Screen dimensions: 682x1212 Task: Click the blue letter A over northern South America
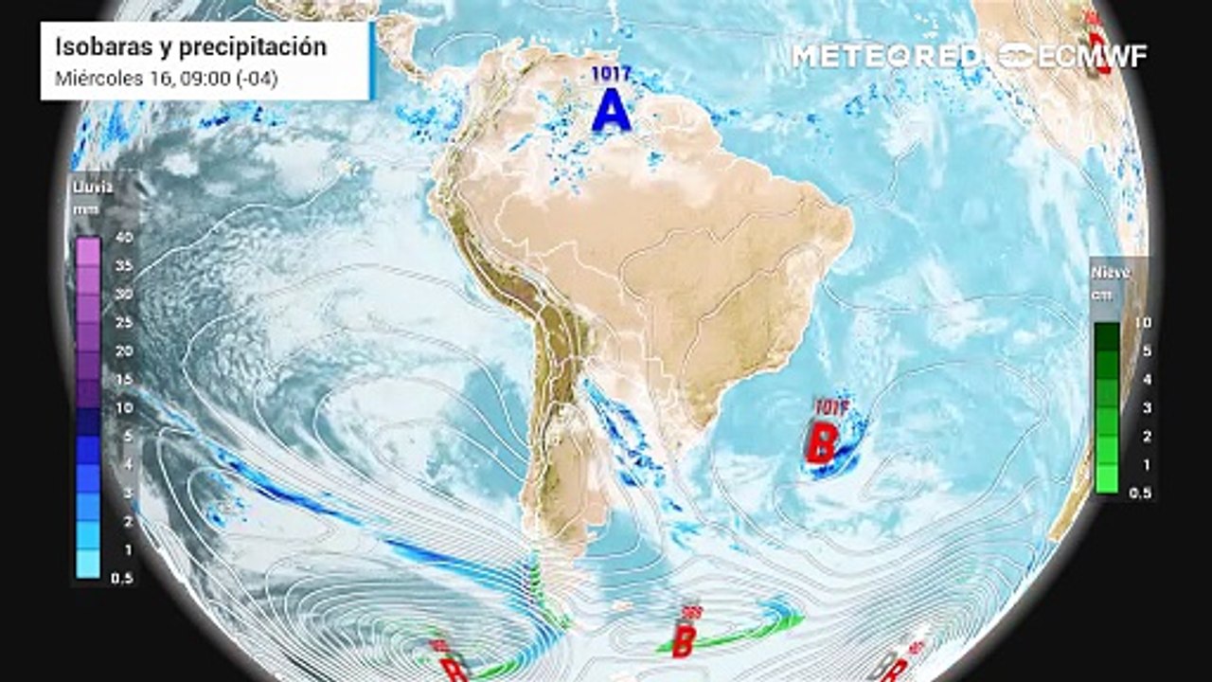pos(611,112)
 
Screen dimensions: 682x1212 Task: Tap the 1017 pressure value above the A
pos(611,72)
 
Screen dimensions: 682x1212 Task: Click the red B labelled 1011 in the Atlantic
pos(821,443)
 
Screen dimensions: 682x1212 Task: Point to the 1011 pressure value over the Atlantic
pos(829,408)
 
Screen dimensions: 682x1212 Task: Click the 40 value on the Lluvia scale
pos(123,237)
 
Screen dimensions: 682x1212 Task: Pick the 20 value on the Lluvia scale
pos(123,350)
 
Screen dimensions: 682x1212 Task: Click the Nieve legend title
pos(1112,273)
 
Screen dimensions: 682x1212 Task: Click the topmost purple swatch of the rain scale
pos(88,251)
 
